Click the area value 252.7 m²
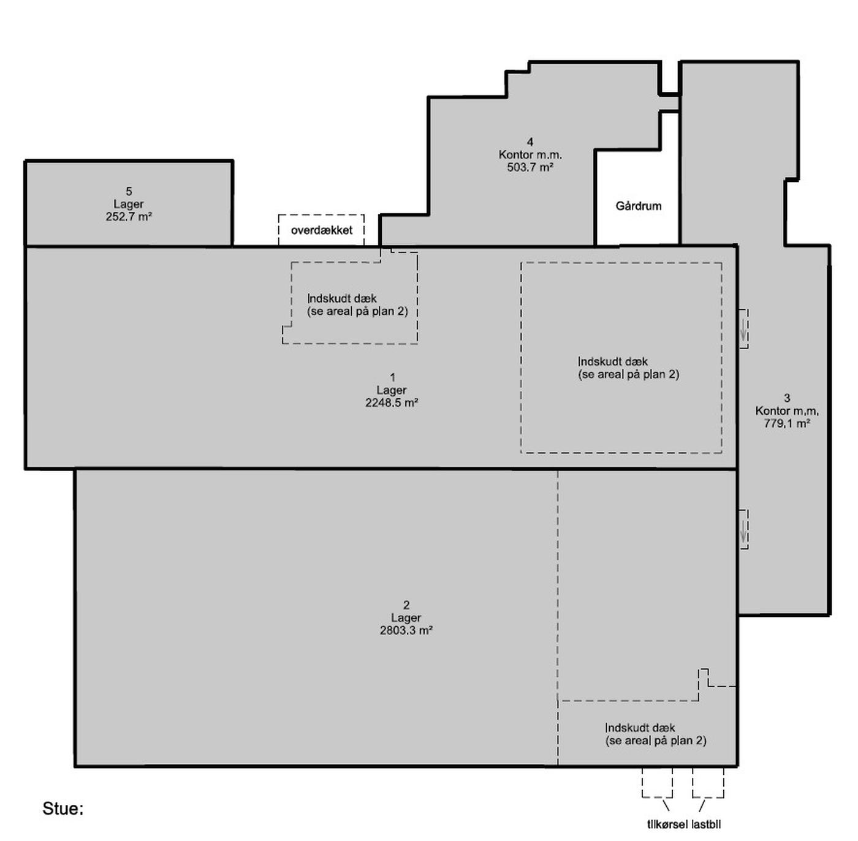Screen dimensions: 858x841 point(129,217)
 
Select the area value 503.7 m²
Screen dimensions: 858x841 point(530,167)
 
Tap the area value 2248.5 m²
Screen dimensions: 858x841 point(392,403)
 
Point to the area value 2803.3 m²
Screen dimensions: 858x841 point(406,630)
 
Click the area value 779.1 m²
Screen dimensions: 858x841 point(787,423)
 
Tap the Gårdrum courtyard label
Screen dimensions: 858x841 point(639,206)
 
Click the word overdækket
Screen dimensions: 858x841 point(322,230)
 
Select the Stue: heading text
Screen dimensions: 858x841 point(63,809)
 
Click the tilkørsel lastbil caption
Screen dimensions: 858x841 point(684,824)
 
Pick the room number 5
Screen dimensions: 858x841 point(129,192)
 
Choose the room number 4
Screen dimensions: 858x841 point(530,142)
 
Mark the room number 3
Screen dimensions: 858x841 point(787,398)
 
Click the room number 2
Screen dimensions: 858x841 point(406,605)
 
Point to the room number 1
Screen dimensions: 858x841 point(392,377)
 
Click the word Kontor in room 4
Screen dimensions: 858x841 point(514,155)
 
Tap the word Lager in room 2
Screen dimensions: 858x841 point(406,618)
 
